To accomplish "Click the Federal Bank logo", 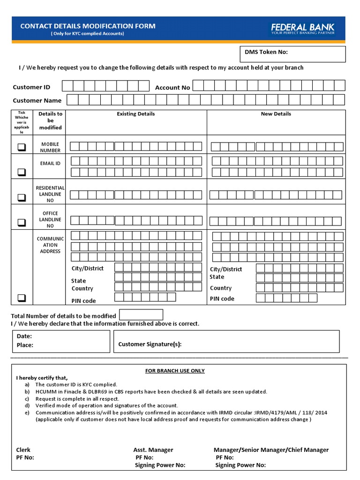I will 302,29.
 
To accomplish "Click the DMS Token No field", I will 292,54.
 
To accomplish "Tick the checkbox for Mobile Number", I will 22,147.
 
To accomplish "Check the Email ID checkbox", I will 22,172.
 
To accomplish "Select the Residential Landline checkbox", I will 22,197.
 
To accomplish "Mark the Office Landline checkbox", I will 22,222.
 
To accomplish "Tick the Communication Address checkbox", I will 22,298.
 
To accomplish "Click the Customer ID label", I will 31,87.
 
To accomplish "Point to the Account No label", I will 172,88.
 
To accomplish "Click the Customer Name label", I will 37,100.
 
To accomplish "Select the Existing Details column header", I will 136,114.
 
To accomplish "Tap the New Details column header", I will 276,114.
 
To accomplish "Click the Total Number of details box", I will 141,315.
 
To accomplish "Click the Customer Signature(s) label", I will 150,344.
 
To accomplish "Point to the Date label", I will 24,336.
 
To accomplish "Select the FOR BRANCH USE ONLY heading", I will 175,371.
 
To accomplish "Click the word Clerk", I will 23,450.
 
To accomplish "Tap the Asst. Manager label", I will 153,450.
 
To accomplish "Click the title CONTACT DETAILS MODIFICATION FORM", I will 88,26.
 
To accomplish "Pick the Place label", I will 25,345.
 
